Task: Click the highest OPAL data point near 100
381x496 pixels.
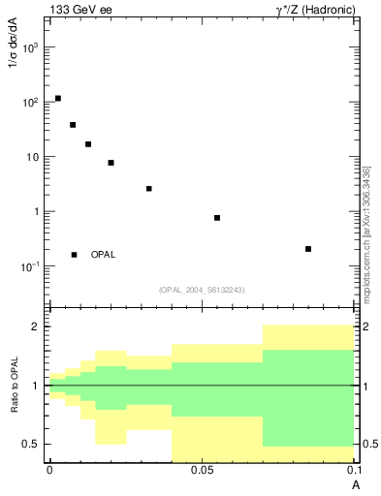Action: tap(58, 99)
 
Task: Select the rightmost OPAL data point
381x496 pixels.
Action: tap(308, 249)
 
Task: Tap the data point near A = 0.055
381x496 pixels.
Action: tap(217, 218)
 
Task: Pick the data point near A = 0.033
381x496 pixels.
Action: tap(149, 189)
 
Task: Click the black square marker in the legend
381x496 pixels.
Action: tap(75, 255)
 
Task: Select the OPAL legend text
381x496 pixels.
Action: tap(103, 255)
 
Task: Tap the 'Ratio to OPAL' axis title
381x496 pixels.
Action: tap(13, 386)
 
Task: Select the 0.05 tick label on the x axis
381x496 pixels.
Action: tap(201, 470)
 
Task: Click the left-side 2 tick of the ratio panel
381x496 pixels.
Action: tap(35, 326)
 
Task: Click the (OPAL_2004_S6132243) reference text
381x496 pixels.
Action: tap(201, 290)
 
